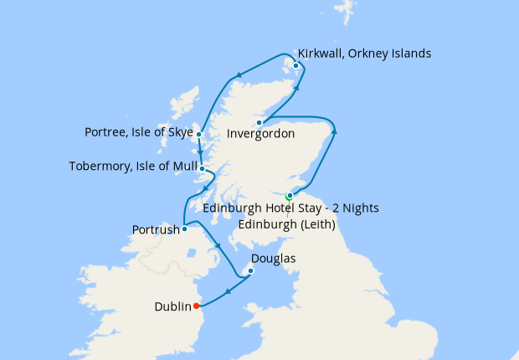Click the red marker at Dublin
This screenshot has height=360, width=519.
[196, 306]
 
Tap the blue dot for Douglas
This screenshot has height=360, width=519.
[249, 271]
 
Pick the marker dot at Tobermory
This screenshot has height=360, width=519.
[202, 167]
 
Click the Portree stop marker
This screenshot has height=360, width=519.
[198, 133]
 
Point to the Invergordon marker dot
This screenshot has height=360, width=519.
[259, 123]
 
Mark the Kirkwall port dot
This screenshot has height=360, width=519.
[295, 66]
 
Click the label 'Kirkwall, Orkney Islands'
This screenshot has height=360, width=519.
[364, 54]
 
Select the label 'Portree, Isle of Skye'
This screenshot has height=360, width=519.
[138, 132]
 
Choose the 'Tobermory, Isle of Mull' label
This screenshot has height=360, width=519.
[133, 167]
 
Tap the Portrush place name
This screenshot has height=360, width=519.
[156, 229]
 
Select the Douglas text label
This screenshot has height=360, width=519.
[273, 259]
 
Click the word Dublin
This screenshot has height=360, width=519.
[172, 306]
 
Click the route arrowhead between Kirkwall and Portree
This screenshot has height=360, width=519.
[240, 75]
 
